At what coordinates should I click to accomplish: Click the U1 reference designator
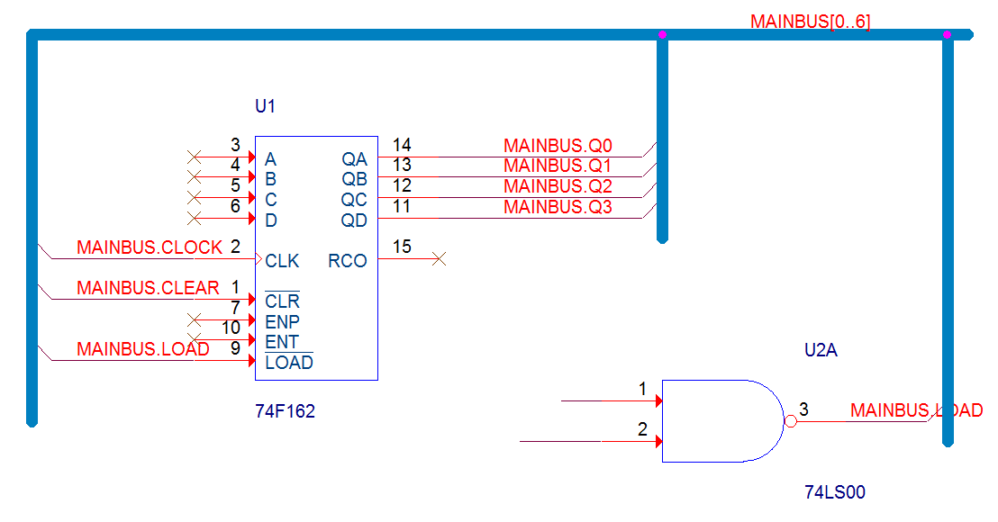pyautogui.click(x=265, y=106)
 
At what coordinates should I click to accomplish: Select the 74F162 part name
pyautogui.click(x=286, y=411)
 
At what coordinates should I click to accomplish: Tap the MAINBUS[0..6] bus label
pyautogui.click(x=811, y=22)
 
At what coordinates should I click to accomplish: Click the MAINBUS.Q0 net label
pyautogui.click(x=558, y=146)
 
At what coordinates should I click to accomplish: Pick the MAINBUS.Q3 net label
pyautogui.click(x=558, y=207)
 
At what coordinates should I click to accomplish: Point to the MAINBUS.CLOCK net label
pyautogui.click(x=150, y=247)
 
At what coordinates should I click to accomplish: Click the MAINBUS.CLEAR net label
pyautogui.click(x=148, y=288)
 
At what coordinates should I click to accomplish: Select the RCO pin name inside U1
pyautogui.click(x=348, y=261)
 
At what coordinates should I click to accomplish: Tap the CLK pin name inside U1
pyautogui.click(x=282, y=261)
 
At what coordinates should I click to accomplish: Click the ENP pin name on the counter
pyautogui.click(x=282, y=321)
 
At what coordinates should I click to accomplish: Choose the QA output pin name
pyautogui.click(x=355, y=159)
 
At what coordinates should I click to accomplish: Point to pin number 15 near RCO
pyautogui.click(x=402, y=247)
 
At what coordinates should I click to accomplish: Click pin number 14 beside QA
pyautogui.click(x=402, y=145)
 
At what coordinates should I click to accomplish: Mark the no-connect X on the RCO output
pyautogui.click(x=440, y=259)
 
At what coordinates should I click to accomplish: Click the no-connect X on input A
pyautogui.click(x=195, y=157)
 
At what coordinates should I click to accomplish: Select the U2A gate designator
pyautogui.click(x=821, y=350)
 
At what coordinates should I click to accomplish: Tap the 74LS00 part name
pyautogui.click(x=835, y=492)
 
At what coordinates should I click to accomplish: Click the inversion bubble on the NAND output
pyautogui.click(x=791, y=421)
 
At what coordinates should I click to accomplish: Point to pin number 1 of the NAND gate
pyautogui.click(x=642, y=389)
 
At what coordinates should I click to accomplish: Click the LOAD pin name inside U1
pyautogui.click(x=289, y=363)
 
